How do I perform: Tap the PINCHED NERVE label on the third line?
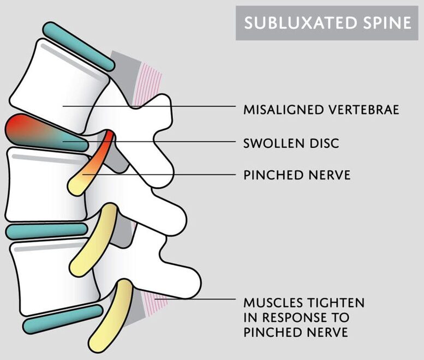[297, 175]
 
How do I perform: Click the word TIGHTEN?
[337, 303]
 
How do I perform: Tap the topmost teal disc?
[79, 46]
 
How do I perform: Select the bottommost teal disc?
[63, 319]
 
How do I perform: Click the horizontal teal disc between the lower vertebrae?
[46, 231]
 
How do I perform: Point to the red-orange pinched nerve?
[92, 163]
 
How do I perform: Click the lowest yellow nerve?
[111, 316]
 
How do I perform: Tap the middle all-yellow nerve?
[94, 240]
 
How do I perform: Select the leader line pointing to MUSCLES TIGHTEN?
[195, 299]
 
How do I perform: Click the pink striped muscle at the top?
[148, 84]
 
